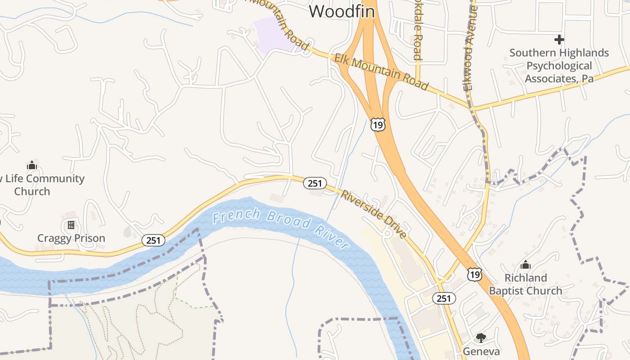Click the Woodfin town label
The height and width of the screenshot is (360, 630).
pyautogui.click(x=342, y=12)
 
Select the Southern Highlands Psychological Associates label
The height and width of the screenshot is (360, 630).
pyautogui.click(x=559, y=66)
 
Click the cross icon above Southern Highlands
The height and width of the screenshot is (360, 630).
pyautogui.click(x=559, y=40)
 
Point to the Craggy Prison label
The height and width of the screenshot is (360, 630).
pyautogui.click(x=71, y=238)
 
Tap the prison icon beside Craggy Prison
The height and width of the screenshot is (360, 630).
pyautogui.click(x=71, y=225)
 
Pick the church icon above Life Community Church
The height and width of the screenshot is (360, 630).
pyautogui.click(x=31, y=165)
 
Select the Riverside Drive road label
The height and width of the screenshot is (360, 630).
pyautogui.click(x=373, y=214)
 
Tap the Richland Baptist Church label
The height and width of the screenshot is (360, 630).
pyautogui.click(x=526, y=284)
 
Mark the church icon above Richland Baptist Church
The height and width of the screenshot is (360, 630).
pyautogui.click(x=525, y=265)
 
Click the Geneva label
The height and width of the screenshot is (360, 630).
pyautogui.click(x=481, y=351)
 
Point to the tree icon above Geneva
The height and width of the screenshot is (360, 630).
pyautogui.click(x=481, y=337)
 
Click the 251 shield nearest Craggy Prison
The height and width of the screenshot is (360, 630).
pyautogui.click(x=153, y=240)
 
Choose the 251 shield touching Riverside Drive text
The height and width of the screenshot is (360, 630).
pyautogui.click(x=315, y=183)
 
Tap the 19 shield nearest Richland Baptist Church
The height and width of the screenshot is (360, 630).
pyautogui.click(x=474, y=274)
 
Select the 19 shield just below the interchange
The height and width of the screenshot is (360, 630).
pyautogui.click(x=378, y=125)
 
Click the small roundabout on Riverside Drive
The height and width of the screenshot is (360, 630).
pyautogui.click(x=387, y=234)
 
